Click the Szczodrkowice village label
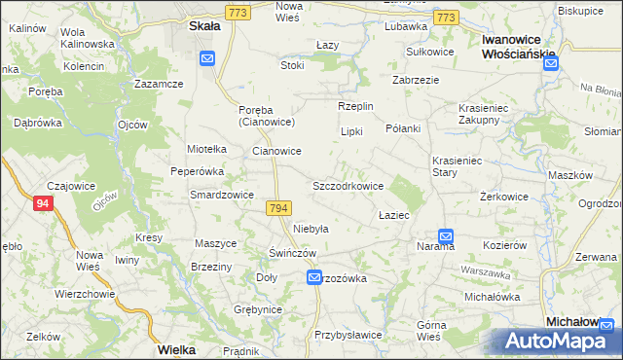348,185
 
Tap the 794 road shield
277,208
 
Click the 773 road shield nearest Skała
238,13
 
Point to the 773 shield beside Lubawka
447,18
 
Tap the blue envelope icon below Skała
207,59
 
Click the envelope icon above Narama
446,235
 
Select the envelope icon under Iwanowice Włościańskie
551,64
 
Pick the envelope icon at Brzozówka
314,277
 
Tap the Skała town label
204,26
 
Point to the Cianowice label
276,152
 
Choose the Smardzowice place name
222,194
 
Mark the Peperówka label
198,170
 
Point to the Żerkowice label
504,197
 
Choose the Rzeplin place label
355,106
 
